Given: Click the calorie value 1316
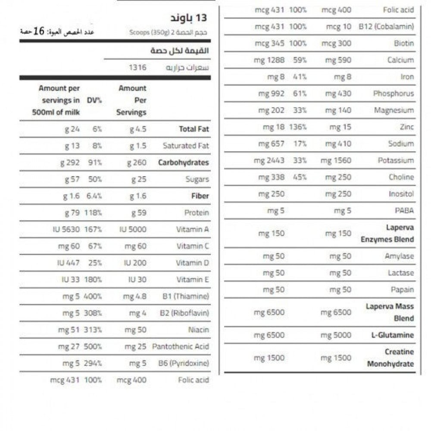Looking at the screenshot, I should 137,67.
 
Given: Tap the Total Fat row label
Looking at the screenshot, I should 194,129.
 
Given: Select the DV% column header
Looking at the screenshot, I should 94,100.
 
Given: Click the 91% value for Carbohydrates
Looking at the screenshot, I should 94,162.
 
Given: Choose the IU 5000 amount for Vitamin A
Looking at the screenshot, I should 133,229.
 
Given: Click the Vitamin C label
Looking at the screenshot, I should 192,246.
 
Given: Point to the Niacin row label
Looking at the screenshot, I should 198,330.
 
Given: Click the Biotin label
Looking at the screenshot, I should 403,44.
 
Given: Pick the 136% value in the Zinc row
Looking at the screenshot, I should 298,127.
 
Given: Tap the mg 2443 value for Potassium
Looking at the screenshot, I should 269,160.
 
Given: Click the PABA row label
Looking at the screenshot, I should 404,211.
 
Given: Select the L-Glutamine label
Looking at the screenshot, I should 392,335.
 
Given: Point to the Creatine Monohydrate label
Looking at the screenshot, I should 390,358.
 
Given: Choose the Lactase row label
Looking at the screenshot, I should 401,273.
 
